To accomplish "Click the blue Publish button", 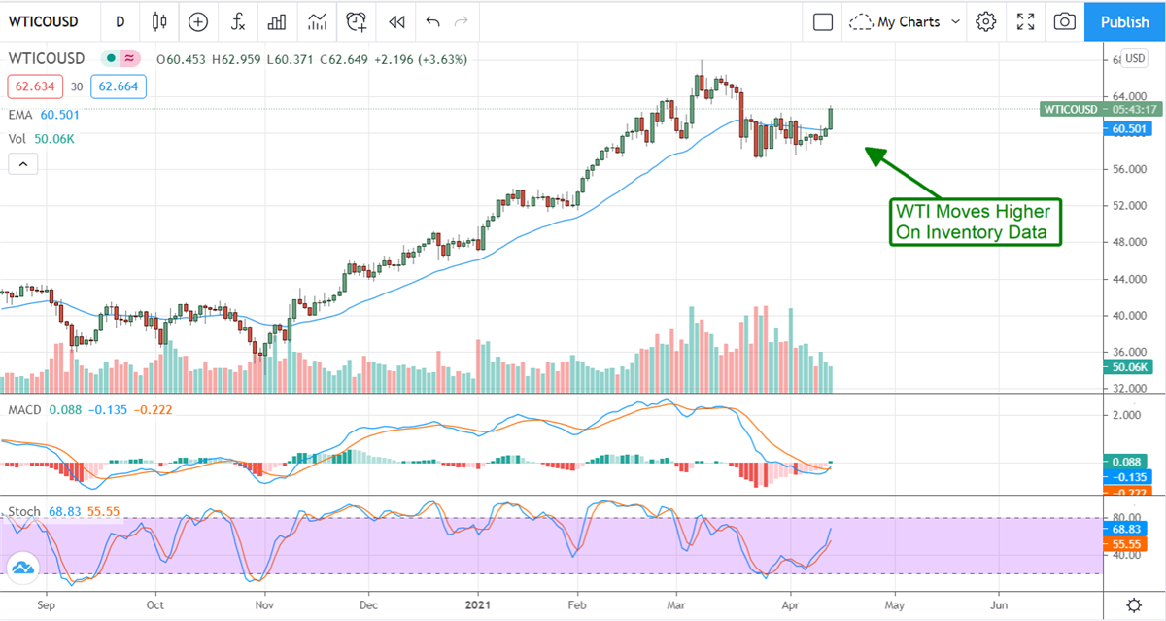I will click(1124, 21).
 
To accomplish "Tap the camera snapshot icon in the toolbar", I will click(1065, 21).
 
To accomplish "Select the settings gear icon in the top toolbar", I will click(986, 21).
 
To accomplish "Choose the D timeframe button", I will click(120, 21).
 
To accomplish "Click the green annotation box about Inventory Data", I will click(975, 222).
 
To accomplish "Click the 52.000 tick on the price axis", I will click(1125, 206).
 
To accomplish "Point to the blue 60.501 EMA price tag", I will click(1124, 128).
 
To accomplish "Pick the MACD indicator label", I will click(24, 410).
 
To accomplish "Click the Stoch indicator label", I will click(25, 511).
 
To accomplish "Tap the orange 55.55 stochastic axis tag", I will click(1124, 545).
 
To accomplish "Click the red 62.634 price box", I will click(33, 86).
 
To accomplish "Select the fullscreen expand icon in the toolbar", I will click(1025, 21).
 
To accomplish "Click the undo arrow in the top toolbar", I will click(432, 21).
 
